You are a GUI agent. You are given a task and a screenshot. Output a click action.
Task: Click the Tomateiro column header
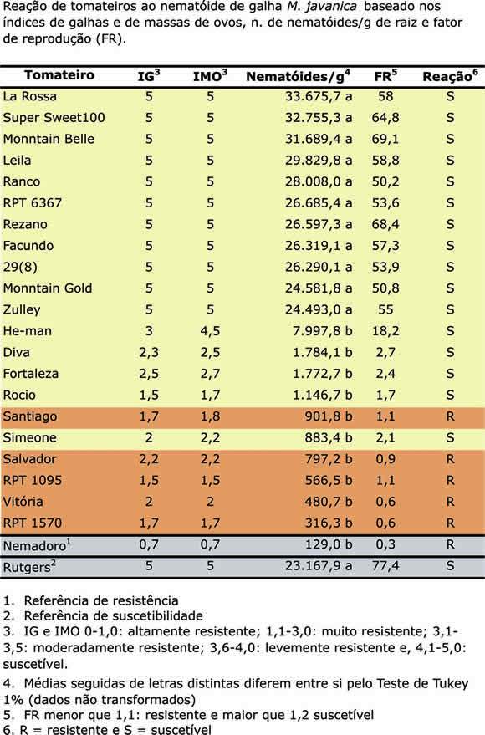click(59, 75)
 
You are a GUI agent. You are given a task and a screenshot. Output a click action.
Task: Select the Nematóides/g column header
click(298, 76)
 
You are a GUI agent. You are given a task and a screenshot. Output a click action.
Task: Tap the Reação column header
click(451, 76)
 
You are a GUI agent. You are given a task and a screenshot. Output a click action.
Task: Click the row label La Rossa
click(29, 96)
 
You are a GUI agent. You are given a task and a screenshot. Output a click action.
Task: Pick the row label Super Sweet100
click(54, 118)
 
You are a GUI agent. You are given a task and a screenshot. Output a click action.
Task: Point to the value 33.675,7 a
click(319, 96)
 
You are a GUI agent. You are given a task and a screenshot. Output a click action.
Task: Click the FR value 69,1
click(385, 139)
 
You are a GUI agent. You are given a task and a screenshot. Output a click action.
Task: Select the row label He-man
click(28, 331)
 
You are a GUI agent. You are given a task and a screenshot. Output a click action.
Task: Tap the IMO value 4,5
click(210, 331)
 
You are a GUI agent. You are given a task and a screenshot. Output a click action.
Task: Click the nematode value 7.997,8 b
click(323, 331)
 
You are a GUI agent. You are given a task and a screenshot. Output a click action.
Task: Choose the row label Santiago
click(30, 416)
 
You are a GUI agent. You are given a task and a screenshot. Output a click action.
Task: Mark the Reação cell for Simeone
click(450, 437)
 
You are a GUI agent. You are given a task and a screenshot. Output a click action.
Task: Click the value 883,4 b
click(329, 437)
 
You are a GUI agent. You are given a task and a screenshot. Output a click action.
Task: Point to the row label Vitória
click(23, 502)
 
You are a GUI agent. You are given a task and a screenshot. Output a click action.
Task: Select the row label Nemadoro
click(37, 545)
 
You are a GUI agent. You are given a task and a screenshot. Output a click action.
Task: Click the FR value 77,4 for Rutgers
click(385, 566)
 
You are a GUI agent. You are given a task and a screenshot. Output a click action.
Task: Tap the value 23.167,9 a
click(319, 566)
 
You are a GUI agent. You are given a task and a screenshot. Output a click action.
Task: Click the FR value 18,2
click(385, 331)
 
